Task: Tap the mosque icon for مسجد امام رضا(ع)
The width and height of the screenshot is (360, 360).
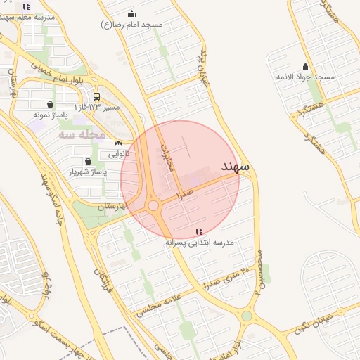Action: click(132, 13)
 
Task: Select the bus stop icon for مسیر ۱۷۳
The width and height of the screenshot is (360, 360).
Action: click(96, 97)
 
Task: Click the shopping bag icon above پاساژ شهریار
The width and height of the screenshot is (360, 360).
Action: click(87, 161)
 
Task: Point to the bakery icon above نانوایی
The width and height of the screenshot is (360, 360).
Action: click(118, 143)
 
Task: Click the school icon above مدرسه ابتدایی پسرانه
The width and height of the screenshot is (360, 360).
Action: click(199, 231)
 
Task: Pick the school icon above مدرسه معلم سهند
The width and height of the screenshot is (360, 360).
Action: click(27, 6)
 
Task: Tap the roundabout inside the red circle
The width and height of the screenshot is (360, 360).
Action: click(153, 205)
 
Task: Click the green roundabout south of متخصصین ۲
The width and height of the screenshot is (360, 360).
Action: click(246, 316)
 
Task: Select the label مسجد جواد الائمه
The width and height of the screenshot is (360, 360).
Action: click(305, 77)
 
